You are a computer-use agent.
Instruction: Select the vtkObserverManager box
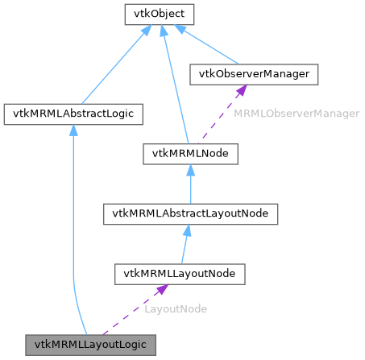tap(254, 74)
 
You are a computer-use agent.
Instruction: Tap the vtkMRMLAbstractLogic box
tap(73, 114)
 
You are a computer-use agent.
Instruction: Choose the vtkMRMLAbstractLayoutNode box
tap(191, 213)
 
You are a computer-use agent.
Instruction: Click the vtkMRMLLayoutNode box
tap(179, 274)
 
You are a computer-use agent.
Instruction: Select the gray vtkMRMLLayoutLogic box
tap(89, 344)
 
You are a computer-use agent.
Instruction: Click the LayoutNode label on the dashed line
tap(176, 308)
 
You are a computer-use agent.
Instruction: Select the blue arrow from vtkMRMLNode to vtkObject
tap(172, 81)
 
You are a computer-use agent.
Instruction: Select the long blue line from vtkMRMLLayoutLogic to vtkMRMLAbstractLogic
tap(73, 234)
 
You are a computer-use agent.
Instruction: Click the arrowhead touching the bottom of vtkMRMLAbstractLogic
tap(73, 130)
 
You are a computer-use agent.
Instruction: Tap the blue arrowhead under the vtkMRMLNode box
tap(190, 170)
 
